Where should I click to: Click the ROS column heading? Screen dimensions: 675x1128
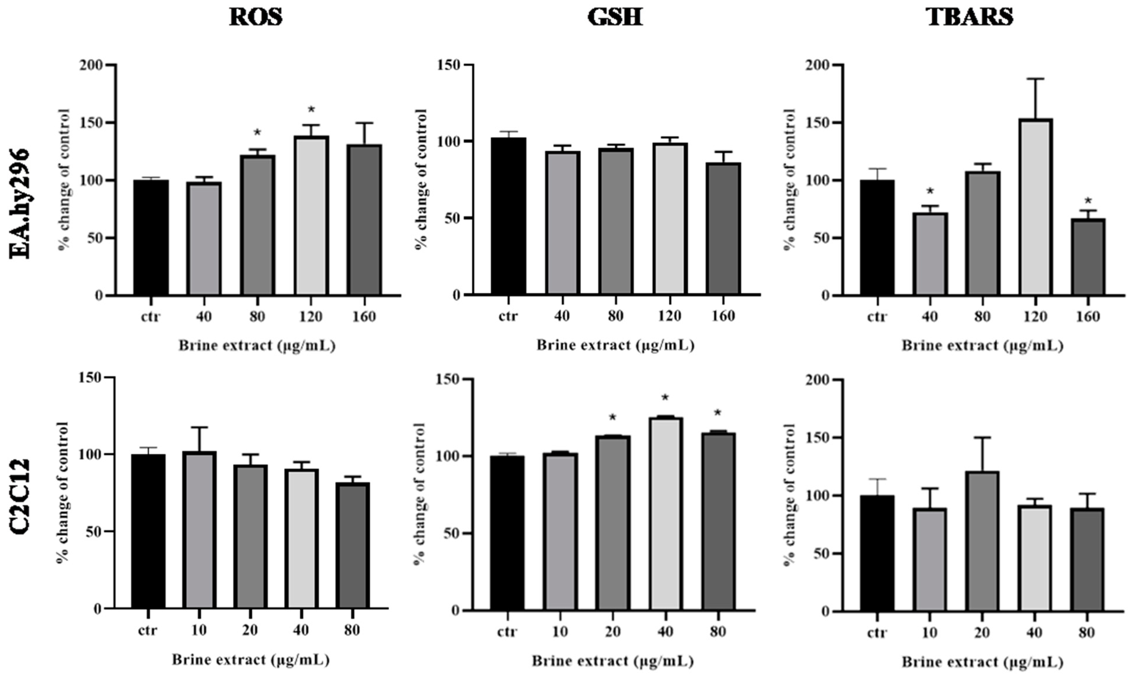(256, 17)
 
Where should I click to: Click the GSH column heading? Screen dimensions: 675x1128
(615, 17)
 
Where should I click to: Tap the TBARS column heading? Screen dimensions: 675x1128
(970, 17)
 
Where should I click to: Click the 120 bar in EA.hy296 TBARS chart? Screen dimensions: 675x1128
(1035, 207)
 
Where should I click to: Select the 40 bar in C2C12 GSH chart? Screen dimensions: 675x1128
(665, 514)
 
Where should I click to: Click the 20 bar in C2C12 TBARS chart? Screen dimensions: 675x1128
(982, 541)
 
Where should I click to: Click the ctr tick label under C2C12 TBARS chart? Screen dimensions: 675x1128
(876, 633)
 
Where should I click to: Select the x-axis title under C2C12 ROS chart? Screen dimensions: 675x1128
(250, 659)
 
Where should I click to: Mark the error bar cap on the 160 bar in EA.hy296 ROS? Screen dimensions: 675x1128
(364, 123)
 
